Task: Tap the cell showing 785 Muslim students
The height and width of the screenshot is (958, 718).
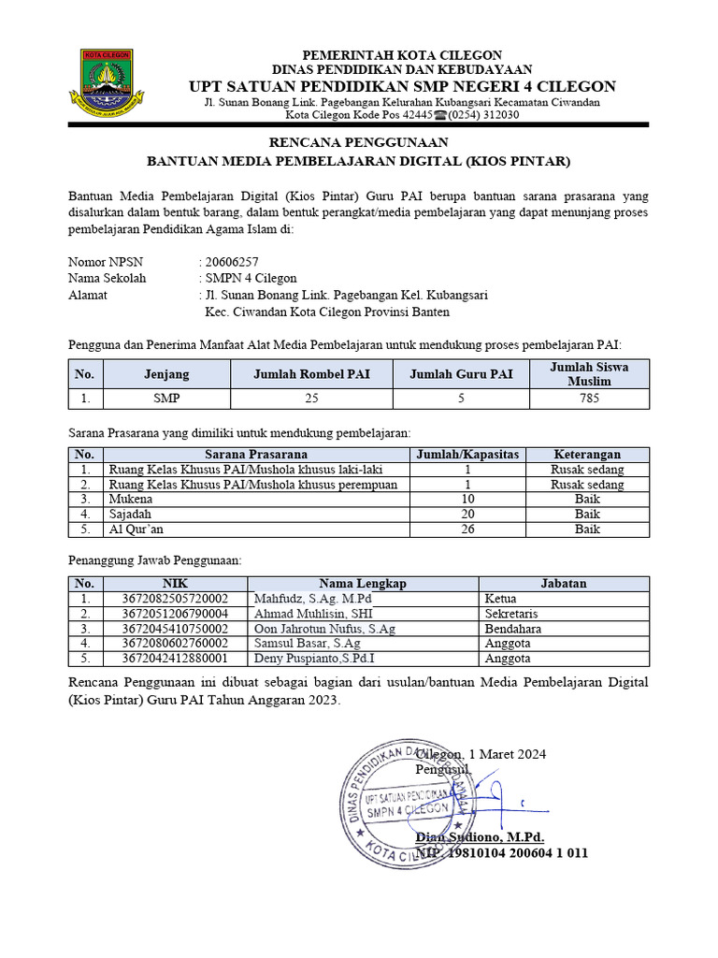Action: [589, 399]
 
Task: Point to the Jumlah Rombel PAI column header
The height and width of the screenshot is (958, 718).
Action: [311, 374]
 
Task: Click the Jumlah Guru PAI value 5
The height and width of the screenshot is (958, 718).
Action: [461, 399]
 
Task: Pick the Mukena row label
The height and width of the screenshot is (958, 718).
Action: [130, 500]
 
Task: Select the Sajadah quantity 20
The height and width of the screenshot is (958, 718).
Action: [467, 515]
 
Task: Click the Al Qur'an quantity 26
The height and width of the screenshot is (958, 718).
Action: [467, 530]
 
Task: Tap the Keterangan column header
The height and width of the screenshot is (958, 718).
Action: [587, 454]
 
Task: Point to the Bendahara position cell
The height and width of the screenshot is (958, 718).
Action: [513, 629]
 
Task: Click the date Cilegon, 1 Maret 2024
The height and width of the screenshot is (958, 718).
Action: [481, 754]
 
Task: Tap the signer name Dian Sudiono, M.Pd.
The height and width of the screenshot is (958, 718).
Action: [480, 836]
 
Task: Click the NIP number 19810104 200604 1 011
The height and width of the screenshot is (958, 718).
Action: [515, 852]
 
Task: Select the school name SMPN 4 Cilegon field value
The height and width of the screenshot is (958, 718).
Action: [251, 278]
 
